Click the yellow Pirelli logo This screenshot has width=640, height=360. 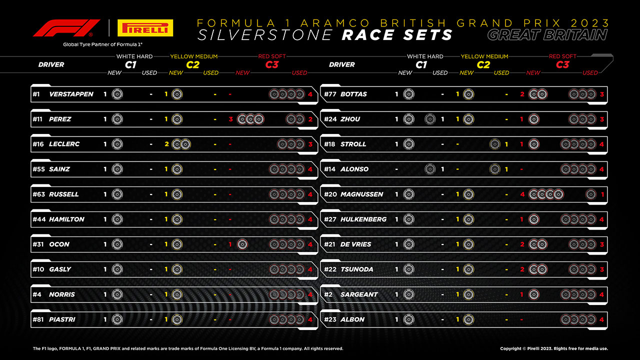tap(145, 28)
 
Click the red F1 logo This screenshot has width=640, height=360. tap(62, 28)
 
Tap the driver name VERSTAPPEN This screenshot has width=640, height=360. tap(71, 94)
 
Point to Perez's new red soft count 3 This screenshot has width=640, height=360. tap(230, 119)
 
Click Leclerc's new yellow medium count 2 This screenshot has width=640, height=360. tap(166, 144)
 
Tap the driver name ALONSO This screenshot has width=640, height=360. tap(354, 169)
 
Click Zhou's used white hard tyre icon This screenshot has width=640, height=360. tap(429, 119)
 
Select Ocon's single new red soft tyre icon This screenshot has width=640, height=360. tap(242, 244)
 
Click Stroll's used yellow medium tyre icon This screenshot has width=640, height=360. tap(494, 144)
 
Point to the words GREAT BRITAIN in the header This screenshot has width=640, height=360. tap(547, 35)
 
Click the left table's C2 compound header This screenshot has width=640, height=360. tap(193, 64)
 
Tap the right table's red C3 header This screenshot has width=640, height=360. tap(562, 64)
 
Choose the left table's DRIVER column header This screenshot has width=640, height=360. tap(51, 64)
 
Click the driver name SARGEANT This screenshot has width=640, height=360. tap(359, 294)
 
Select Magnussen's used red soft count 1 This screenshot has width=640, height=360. tap(602, 194)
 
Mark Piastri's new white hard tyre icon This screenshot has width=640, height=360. tap(117, 319)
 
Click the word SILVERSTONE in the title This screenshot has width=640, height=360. tap(265, 35)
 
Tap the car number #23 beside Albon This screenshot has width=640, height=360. tap(329, 319)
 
